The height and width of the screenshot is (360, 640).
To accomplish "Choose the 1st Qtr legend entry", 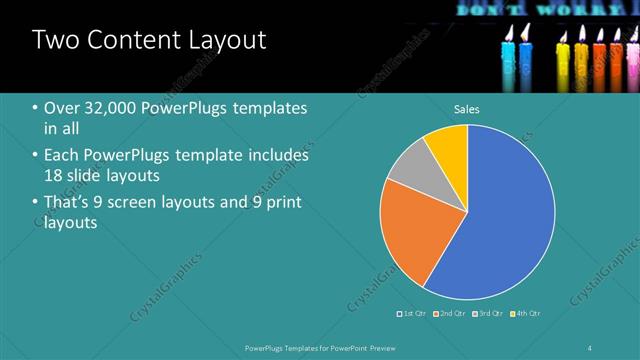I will pos(414,314).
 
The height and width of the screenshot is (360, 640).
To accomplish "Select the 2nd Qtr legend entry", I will pos(453,314).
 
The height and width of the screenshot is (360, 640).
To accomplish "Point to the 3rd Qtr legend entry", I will pos(491,314).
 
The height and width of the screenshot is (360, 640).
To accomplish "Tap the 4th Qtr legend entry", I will pos(529,314).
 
